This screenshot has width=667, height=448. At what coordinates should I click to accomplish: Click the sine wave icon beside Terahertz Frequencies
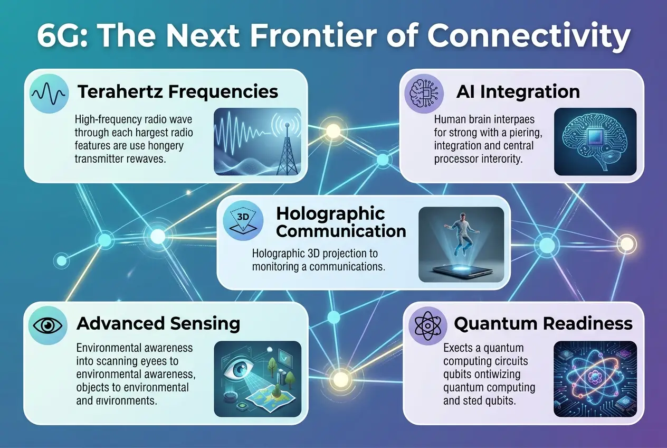pos(49,93)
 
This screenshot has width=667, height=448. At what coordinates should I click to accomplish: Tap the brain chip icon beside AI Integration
pos(423,92)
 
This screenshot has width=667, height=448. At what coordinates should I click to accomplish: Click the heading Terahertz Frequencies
pos(178,91)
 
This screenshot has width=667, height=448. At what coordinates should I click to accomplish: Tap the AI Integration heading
pos(518,91)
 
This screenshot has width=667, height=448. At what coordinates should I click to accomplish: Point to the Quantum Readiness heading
pos(543,323)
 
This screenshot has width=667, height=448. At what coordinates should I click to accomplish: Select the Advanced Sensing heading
pos(158,323)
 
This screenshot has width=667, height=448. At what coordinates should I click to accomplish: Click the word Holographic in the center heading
pos(330,213)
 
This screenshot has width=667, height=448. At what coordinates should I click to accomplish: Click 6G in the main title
pos(60,37)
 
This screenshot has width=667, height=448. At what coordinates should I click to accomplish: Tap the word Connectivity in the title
pos(528,37)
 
